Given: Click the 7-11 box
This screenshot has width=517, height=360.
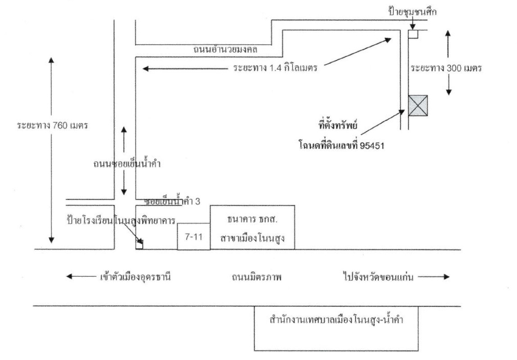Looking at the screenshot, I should pos(194,236).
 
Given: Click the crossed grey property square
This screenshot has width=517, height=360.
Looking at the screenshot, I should pos(417,106).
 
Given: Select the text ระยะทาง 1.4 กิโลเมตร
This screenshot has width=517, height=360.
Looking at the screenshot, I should pos(276,68).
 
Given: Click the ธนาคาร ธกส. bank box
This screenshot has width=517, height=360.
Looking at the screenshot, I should pos(252,227).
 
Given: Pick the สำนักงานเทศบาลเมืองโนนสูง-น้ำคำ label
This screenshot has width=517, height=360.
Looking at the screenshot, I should pos(336,321).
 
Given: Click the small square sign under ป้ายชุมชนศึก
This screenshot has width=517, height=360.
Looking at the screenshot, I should pos(413,34).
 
